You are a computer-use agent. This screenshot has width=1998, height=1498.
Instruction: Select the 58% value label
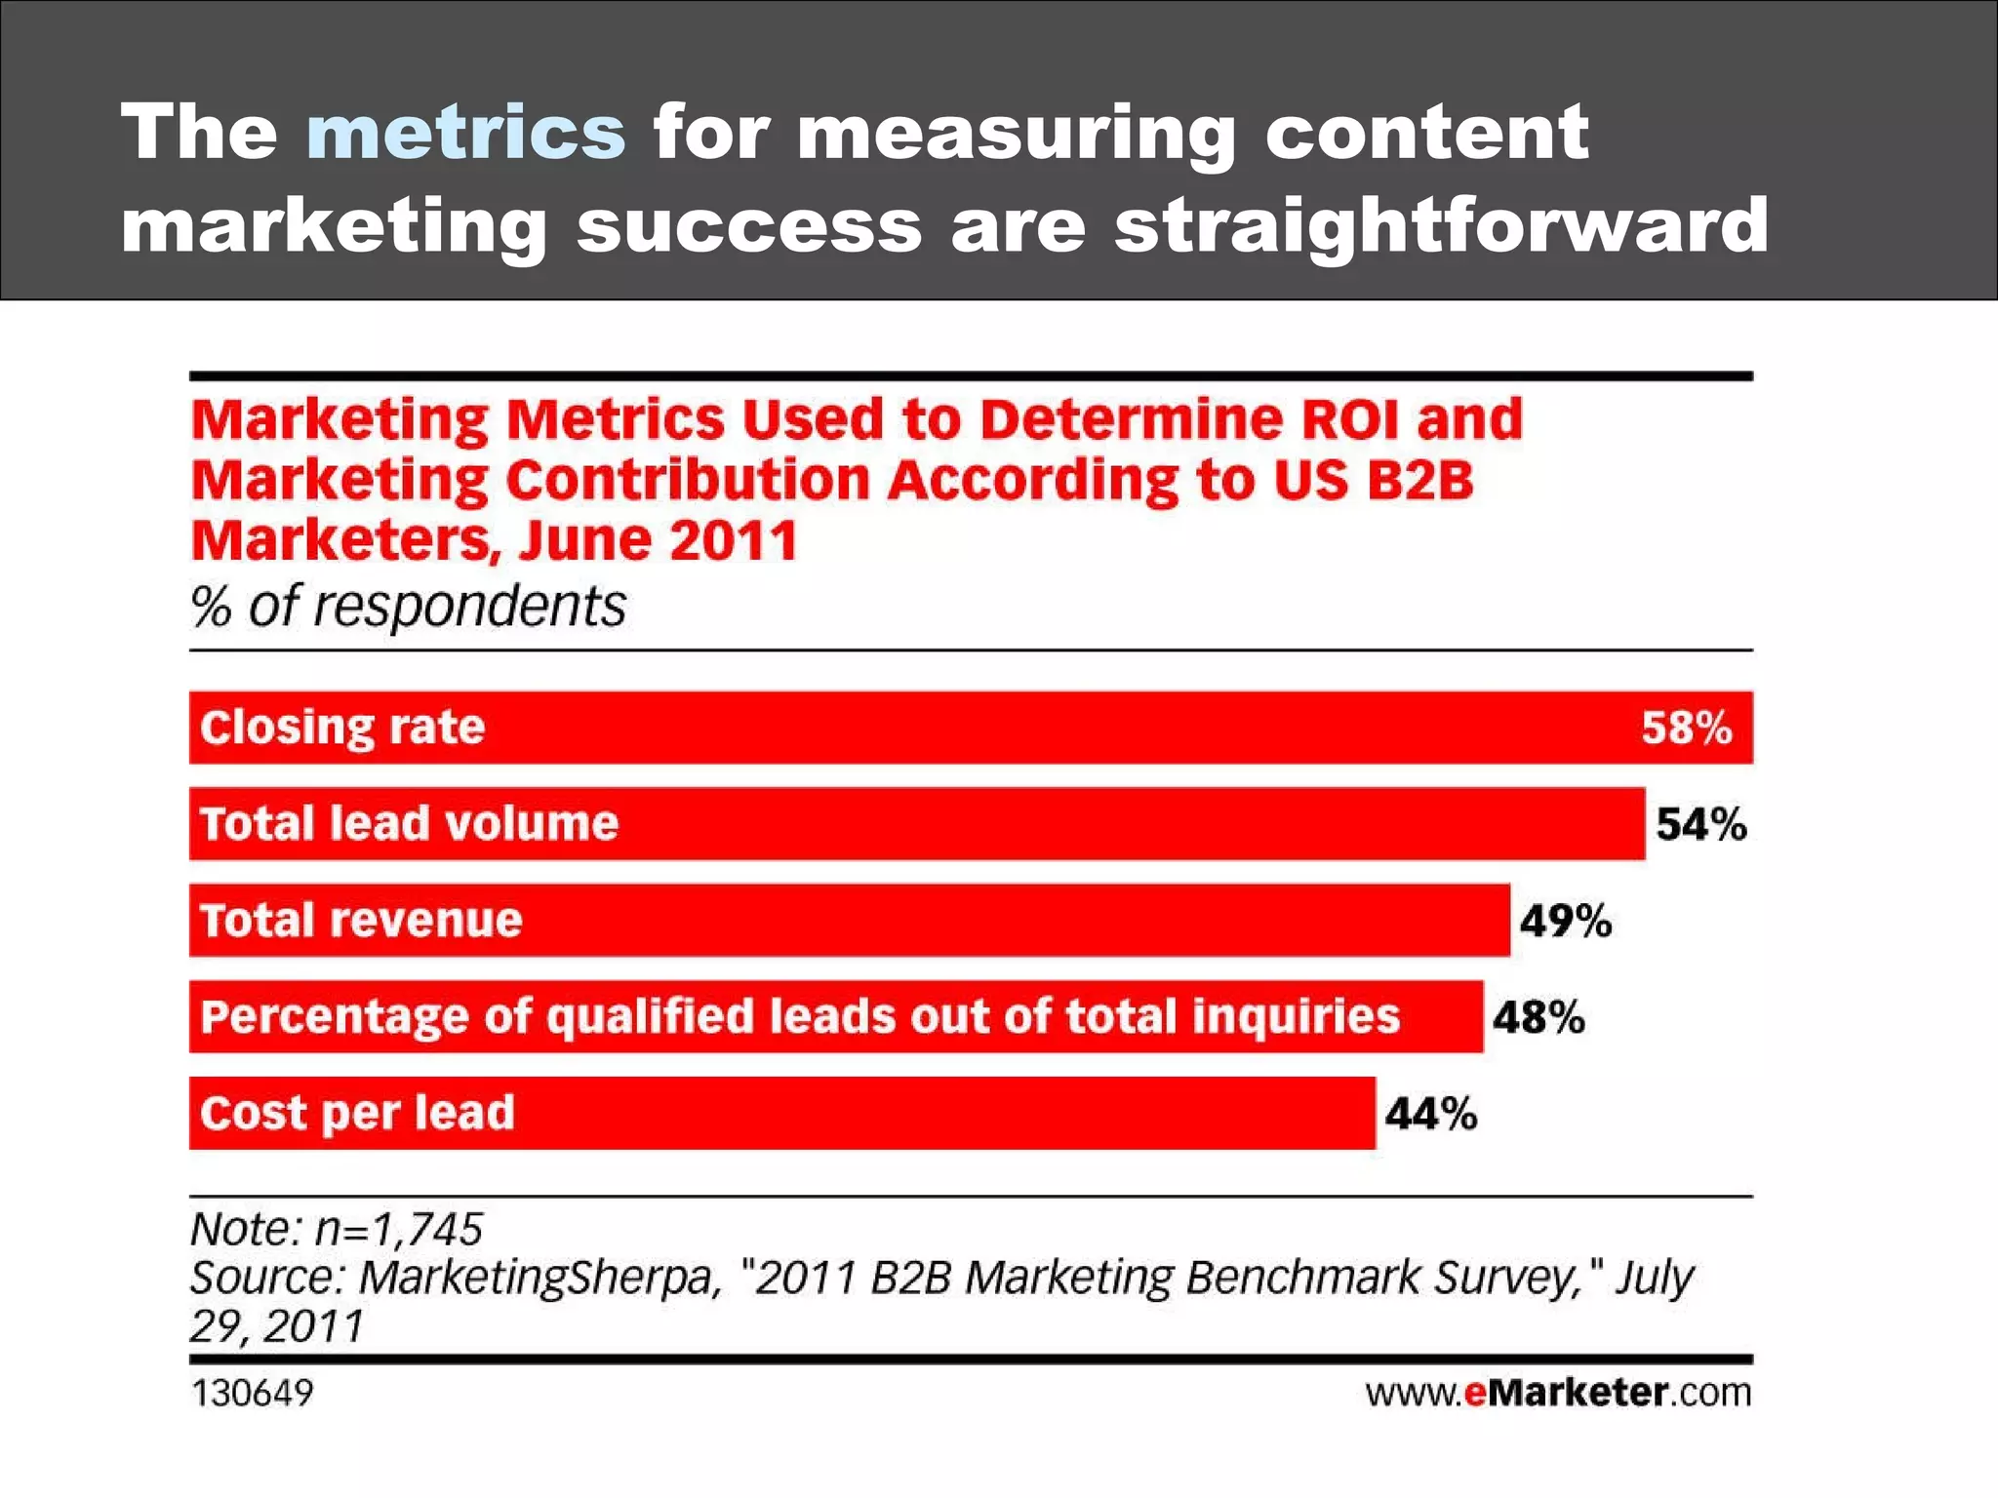tap(1686, 728)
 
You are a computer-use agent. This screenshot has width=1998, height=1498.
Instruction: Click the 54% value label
tap(1700, 824)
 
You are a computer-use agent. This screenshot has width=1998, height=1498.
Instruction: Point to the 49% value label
tap(1565, 921)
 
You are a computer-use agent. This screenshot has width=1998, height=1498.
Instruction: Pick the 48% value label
tap(1538, 1017)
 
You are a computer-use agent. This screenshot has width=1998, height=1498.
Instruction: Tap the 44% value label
tap(1430, 1114)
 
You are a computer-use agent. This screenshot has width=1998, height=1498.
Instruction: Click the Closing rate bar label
tap(342, 728)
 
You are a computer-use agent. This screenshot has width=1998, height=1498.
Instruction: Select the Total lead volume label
tap(409, 824)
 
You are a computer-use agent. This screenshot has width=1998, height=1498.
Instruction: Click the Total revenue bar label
tap(361, 921)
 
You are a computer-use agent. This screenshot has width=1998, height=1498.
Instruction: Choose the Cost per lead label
tap(357, 1114)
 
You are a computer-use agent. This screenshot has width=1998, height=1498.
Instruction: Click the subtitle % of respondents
tap(408, 607)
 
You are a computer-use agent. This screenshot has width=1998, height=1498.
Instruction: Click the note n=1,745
tap(337, 1229)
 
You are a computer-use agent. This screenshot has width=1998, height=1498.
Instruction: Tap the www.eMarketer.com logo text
tap(1558, 1393)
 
